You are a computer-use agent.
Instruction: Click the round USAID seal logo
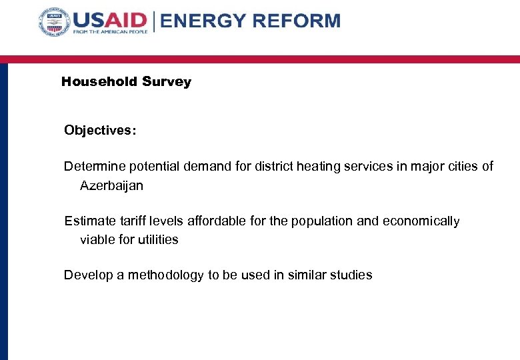click(x=55, y=24)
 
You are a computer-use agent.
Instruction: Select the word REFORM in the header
click(x=297, y=21)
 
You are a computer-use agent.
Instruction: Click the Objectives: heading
click(x=100, y=131)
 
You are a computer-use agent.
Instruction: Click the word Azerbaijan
click(x=111, y=186)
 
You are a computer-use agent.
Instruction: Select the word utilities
click(x=157, y=240)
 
